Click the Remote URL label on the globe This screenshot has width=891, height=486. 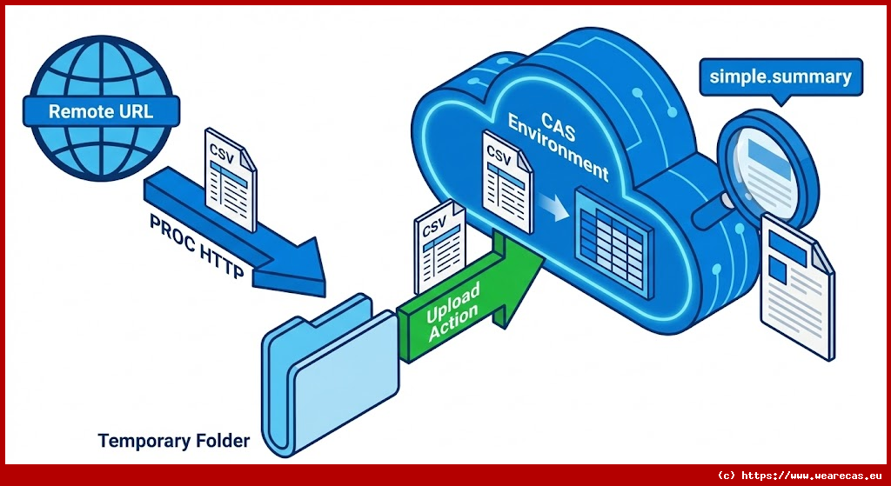click(x=101, y=111)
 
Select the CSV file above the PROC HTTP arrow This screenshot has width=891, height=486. click(x=230, y=178)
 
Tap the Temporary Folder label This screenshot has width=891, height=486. click(x=174, y=441)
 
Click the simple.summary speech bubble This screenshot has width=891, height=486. click(x=780, y=77)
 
